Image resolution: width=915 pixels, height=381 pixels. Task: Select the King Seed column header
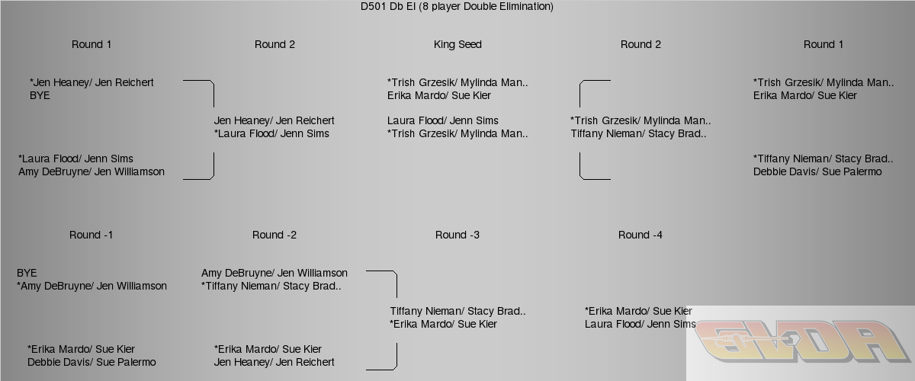[x=457, y=44]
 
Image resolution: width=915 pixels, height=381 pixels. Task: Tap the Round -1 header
[x=91, y=235]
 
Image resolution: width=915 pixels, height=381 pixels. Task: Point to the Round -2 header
[x=274, y=235]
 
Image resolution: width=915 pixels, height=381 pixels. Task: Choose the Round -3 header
[x=457, y=235]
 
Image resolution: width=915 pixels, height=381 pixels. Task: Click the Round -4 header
[x=640, y=235]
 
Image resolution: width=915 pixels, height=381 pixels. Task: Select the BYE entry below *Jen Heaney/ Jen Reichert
[x=40, y=95]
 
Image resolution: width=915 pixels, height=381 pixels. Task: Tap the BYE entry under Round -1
[x=27, y=273]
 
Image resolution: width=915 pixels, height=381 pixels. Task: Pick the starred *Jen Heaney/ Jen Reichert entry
[x=91, y=82]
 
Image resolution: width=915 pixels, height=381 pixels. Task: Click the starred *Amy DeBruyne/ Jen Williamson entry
[x=91, y=286]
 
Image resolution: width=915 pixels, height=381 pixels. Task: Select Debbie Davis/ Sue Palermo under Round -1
[x=91, y=362]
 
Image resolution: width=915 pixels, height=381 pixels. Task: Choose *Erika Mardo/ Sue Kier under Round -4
[x=638, y=311]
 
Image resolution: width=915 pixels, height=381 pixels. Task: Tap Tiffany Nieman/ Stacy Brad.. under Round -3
[x=457, y=311]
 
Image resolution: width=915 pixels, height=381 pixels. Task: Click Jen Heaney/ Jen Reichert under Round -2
[x=274, y=362]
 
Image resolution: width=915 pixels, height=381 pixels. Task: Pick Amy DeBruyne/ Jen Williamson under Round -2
[x=274, y=273]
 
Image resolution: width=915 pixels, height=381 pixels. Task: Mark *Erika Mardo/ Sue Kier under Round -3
[x=444, y=324]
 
